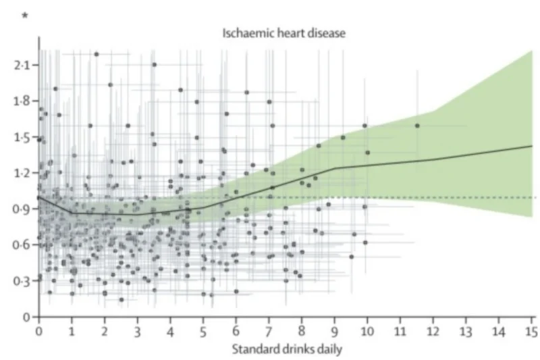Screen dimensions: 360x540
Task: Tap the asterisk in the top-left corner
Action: point(26,16)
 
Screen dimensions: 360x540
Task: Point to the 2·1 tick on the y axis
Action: point(22,65)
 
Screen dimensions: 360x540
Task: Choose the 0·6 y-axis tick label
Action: point(22,245)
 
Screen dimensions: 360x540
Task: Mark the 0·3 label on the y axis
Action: point(22,280)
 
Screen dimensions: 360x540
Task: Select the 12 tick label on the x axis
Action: point(433,332)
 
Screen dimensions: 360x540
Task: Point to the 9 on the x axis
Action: point(334,332)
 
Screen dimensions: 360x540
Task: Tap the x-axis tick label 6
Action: point(236,332)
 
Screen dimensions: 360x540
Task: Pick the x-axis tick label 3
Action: point(137,332)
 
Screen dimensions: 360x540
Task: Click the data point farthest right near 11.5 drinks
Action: point(417,126)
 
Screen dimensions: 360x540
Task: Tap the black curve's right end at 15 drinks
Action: point(532,146)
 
